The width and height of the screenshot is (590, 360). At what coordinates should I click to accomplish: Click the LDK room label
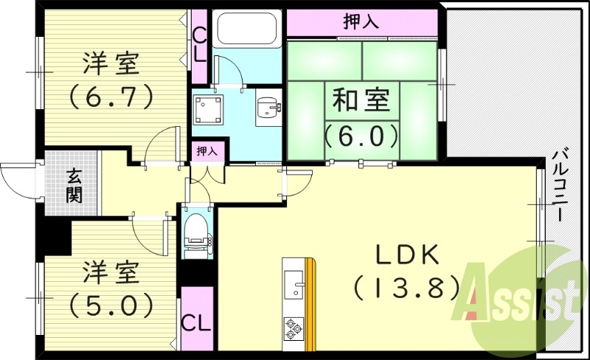point(408,255)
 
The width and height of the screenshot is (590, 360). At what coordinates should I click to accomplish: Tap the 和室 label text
point(361,100)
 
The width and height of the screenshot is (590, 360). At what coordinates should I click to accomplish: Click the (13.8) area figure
point(408,288)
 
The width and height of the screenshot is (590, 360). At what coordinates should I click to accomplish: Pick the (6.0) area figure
point(361,135)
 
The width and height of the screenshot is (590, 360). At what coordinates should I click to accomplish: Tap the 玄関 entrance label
point(74,185)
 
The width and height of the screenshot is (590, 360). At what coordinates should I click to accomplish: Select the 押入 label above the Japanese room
point(361,22)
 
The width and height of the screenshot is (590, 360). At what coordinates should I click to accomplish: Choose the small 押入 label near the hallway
point(207,151)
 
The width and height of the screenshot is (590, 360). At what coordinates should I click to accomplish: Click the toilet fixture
point(196,232)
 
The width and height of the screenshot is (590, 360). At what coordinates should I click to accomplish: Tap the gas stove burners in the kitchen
point(294,328)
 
